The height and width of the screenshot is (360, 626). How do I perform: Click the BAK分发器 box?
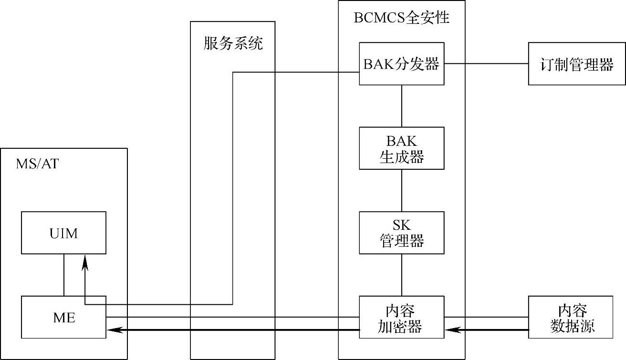pyautogui.click(x=401, y=64)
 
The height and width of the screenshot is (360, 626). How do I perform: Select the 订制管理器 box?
pyautogui.click(x=570, y=64)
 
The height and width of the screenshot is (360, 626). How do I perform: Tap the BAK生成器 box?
pyautogui.click(x=401, y=148)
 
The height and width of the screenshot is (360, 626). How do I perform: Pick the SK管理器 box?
pyautogui.click(x=401, y=233)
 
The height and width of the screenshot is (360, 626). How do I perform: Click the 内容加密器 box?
pyautogui.click(x=401, y=317)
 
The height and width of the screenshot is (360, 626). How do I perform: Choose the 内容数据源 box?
pyautogui.click(x=570, y=317)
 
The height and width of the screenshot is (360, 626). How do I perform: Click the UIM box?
pyautogui.click(x=64, y=233)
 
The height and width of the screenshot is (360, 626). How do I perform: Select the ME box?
pyautogui.click(x=64, y=317)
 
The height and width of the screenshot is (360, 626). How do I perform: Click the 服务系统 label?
pyautogui.click(x=233, y=44)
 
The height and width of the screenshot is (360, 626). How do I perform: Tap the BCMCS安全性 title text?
pyautogui.click(x=401, y=18)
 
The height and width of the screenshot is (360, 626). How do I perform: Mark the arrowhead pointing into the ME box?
pyautogui.click(x=113, y=329)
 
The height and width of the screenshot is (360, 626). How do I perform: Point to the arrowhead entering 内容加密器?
pyautogui.click(x=450, y=329)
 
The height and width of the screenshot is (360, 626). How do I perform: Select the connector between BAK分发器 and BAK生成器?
pyautogui.click(x=401, y=106)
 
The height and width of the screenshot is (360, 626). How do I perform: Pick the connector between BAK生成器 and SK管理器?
pyautogui.click(x=401, y=190)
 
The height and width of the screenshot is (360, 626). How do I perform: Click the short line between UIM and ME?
pyautogui.click(x=64, y=275)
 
